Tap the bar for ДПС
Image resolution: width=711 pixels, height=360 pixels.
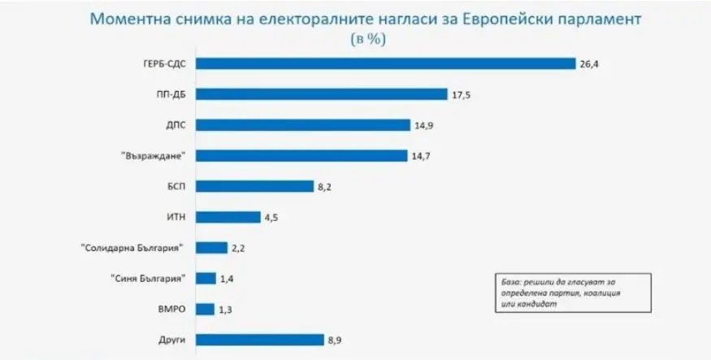point(303,124)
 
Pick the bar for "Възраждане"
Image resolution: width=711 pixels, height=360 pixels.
point(301,155)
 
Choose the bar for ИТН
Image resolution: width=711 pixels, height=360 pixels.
point(228,217)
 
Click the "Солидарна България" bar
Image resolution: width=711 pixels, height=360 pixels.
point(211,248)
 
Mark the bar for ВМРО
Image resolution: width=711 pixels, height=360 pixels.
point(205,309)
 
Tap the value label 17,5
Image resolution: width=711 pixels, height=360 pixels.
point(461,94)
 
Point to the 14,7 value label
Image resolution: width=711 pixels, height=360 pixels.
point(420,155)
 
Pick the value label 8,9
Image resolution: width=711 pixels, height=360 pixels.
point(335,340)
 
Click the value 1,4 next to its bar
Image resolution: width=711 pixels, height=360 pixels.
point(228,279)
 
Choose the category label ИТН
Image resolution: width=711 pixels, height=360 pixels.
point(177,217)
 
